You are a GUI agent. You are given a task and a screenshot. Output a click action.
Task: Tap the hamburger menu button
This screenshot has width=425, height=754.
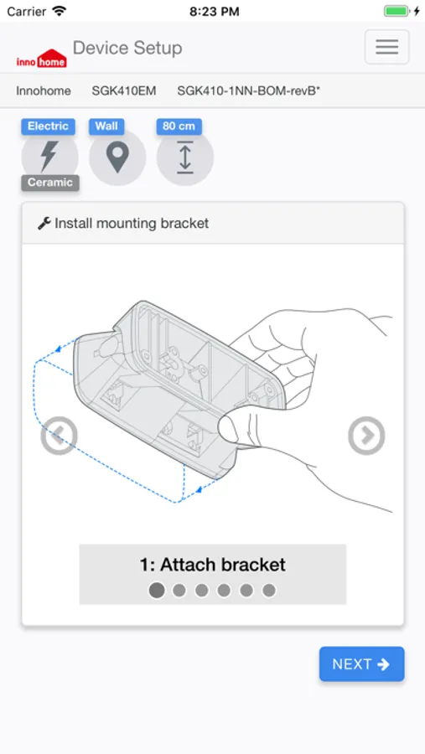386,47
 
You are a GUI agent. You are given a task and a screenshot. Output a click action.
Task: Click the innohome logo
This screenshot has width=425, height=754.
41,58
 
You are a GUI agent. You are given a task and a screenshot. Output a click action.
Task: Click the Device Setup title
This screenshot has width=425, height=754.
127,48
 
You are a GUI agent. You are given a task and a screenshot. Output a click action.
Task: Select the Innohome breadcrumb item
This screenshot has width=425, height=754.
44,90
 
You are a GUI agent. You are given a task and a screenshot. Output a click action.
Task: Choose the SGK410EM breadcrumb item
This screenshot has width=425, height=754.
124,90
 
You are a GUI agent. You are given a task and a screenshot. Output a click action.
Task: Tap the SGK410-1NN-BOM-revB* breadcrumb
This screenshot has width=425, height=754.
248,90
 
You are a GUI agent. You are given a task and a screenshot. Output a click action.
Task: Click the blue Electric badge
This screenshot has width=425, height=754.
48,126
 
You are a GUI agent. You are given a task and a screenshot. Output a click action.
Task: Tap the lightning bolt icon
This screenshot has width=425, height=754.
49,157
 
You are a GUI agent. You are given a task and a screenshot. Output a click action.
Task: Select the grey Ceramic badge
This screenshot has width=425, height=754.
50,183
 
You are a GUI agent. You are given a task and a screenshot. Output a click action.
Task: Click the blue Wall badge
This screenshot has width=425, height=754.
106,126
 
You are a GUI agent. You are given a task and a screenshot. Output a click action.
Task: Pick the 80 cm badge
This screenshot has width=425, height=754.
179,126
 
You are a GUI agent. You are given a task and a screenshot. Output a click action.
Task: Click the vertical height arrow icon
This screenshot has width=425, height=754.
184,158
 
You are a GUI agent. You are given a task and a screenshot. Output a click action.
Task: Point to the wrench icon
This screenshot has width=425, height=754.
44,223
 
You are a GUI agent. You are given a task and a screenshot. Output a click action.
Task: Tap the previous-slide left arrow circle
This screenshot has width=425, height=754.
59,436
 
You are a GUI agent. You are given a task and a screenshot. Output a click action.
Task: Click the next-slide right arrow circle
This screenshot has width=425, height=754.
366,436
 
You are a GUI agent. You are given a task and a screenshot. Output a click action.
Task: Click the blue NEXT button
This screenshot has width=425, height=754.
361,664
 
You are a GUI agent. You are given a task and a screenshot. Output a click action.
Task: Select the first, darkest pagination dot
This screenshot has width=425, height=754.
157,590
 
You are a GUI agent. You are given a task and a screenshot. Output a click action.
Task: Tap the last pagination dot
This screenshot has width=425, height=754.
269,590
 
